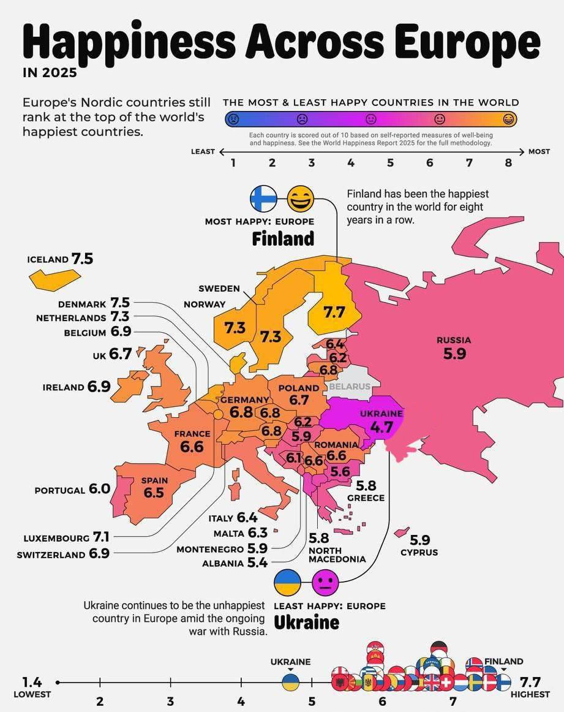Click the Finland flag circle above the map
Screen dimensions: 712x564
(263, 199)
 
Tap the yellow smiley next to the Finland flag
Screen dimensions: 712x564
(300, 199)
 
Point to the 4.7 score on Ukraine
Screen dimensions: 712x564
(381, 427)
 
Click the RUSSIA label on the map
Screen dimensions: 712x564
(454, 340)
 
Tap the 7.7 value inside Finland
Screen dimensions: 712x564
(334, 312)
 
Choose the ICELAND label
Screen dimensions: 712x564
(47, 259)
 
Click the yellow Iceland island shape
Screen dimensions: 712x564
(54, 279)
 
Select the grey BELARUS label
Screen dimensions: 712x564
(350, 387)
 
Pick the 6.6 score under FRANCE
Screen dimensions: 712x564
(192, 447)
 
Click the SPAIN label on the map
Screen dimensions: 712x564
(154, 480)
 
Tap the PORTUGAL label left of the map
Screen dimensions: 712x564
(59, 490)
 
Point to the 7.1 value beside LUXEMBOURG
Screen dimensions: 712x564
(101, 537)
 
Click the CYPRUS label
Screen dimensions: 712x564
(419, 552)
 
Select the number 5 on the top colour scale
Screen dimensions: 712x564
(390, 163)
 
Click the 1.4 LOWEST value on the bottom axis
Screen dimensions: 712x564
(32, 682)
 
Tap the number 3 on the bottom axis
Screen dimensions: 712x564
(170, 702)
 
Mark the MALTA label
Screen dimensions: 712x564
(229, 534)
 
